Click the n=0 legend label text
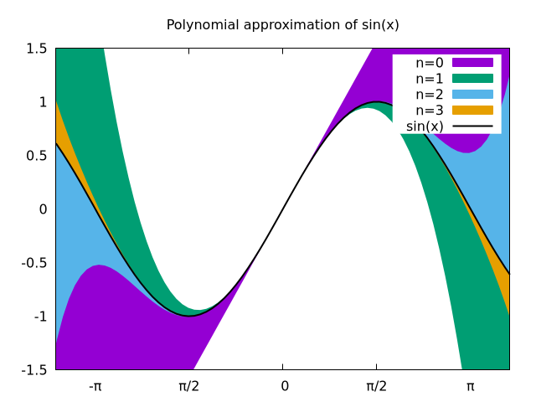[x=430, y=62]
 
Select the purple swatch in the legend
[x=472, y=62]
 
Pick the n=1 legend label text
[x=430, y=78]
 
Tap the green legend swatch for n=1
[x=472, y=78]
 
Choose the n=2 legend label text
[x=430, y=94]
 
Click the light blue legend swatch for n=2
[x=472, y=94]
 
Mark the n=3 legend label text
[x=430, y=110]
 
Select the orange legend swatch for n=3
[x=472, y=110]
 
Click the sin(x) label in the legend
[x=425, y=126]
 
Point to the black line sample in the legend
[x=472, y=126]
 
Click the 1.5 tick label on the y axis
[x=36, y=49]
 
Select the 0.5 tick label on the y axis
[x=36, y=156]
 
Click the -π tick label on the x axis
[x=95, y=386]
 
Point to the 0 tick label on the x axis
[x=285, y=386]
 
